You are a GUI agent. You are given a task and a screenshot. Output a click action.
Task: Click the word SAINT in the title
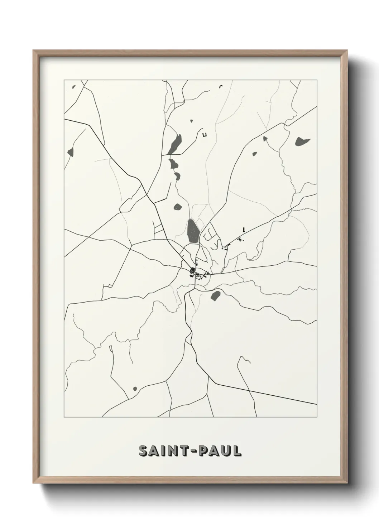click(x=161, y=451)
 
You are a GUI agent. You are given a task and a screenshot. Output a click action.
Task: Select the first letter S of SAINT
click(x=143, y=451)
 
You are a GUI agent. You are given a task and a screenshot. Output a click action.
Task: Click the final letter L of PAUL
click(x=237, y=451)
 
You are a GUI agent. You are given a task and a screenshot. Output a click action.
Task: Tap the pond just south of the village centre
click(x=215, y=296)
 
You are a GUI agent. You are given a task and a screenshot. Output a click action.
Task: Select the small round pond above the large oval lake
click(x=177, y=207)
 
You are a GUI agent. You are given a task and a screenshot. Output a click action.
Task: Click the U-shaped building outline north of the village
click(x=205, y=135)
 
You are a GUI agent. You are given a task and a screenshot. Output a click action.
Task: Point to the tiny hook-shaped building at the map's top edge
click(x=221, y=86)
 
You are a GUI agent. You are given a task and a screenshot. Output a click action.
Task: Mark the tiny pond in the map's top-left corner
click(x=74, y=87)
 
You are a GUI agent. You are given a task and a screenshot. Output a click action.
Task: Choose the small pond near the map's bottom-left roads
click(x=135, y=389)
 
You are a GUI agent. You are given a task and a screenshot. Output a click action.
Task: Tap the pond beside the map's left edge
click(x=70, y=151)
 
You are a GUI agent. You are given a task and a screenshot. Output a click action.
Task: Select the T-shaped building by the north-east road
click(x=244, y=229)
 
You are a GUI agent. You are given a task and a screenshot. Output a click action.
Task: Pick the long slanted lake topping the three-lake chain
click(x=176, y=144)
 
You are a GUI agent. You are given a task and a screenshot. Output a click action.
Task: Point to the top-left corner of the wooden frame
click(x=34, y=51)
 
